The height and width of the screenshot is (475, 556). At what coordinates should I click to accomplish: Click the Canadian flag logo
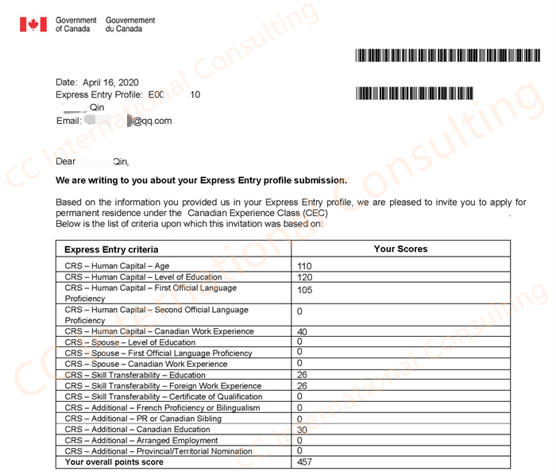[33, 25]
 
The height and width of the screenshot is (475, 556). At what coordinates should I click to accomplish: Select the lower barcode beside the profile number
[414, 93]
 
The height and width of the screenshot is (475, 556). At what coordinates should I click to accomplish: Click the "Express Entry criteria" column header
[111, 249]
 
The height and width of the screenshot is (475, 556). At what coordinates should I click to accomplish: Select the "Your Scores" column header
[400, 249]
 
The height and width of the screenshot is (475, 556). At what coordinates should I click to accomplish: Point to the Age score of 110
[303, 266]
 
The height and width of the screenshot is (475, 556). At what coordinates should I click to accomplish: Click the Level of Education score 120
[303, 277]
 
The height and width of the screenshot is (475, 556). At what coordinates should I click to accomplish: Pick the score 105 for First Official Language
[303, 290]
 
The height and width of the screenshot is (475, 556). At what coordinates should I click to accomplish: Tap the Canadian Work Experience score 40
[302, 332]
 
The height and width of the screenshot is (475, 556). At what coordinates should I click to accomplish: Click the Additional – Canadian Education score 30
[302, 430]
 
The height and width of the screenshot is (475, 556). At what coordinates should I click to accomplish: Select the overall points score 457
[303, 462]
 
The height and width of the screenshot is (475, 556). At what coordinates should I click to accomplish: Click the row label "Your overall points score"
[114, 462]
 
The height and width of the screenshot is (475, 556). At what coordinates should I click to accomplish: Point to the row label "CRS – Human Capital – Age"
[117, 266]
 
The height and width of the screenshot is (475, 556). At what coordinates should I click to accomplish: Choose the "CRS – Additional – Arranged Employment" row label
[141, 441]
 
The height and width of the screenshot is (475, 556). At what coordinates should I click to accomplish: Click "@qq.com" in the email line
[152, 121]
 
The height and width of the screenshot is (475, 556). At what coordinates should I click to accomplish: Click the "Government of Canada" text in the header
[75, 25]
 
